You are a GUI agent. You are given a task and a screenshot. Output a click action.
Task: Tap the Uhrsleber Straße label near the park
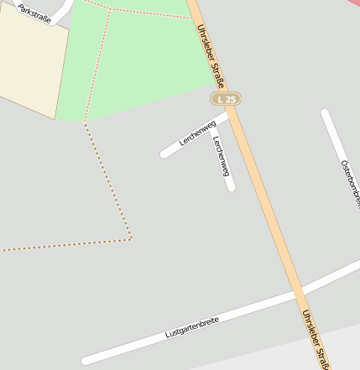pyautogui.click(x=210, y=55)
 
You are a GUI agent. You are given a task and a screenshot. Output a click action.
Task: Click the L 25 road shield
pyautogui.click(x=226, y=99)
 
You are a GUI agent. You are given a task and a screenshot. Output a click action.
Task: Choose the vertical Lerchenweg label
pyautogui.click(x=222, y=156)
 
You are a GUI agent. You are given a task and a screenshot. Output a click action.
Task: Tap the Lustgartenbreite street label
pyautogui.click(x=192, y=326)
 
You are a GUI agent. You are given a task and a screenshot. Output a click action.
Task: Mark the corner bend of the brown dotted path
pyautogui.click(x=131, y=239)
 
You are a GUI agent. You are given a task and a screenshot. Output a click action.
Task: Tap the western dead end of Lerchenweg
pyautogui.click(x=164, y=154)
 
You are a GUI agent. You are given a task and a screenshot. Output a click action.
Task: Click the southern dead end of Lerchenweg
pyautogui.click(x=231, y=187)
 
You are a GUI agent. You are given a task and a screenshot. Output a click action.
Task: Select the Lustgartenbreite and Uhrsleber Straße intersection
pyautogui.click(x=298, y=294)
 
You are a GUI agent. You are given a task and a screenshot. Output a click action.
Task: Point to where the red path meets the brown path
pyautogui.click(x=85, y=123)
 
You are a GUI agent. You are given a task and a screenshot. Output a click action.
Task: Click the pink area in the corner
pyautogui.click(x=353, y=3)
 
